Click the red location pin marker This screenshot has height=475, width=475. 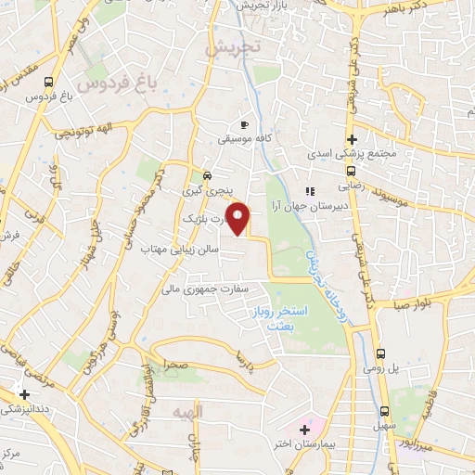[240, 220]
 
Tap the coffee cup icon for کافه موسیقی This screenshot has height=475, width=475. [244, 123]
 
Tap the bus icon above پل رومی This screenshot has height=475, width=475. [382, 354]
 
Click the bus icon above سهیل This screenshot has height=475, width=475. [384, 413]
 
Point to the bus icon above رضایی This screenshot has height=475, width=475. [350, 171]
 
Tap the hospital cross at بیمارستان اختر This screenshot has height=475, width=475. [304, 430]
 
